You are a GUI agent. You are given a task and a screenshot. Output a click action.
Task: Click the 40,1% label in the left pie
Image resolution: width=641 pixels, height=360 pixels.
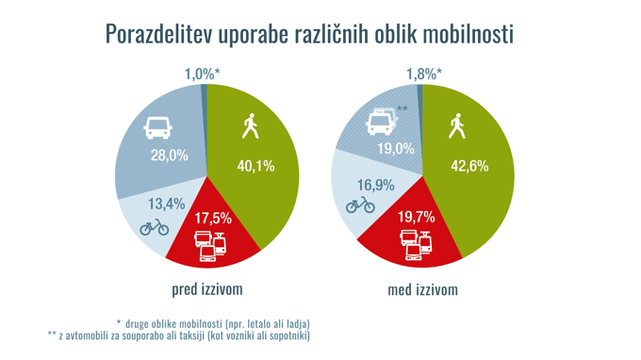[255, 166]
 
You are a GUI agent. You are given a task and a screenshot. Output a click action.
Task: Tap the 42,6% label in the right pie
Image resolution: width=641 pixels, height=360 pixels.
[469, 166]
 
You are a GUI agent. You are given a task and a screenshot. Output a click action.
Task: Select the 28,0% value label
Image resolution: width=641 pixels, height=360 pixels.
[170, 155]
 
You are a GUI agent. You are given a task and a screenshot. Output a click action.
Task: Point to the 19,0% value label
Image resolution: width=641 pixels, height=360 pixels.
[396, 148]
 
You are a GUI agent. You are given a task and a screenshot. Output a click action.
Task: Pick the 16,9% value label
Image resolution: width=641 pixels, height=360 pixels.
[376, 185]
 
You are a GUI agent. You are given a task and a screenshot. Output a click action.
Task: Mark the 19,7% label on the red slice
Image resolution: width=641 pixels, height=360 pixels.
[416, 218]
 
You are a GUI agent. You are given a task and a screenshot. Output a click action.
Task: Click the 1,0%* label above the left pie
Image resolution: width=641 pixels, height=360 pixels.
[202, 74]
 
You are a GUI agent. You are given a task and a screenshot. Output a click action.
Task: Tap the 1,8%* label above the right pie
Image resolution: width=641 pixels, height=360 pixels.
[424, 74]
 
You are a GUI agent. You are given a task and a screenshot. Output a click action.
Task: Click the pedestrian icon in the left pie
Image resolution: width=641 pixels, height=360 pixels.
[251, 125]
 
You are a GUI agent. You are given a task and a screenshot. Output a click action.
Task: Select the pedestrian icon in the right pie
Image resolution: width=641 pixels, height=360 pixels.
[457, 125]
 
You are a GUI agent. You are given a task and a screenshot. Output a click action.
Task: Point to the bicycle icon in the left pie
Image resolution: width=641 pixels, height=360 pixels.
[154, 226]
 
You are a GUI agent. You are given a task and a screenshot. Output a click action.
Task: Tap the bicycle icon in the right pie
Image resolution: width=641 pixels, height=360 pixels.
[360, 205]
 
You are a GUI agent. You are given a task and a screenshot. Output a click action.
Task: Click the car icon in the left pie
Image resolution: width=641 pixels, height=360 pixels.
[157, 127]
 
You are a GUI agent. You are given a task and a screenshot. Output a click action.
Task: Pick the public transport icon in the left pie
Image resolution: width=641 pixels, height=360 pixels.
[211, 246]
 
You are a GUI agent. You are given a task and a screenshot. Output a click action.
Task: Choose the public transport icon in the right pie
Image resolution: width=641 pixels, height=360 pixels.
[417, 246]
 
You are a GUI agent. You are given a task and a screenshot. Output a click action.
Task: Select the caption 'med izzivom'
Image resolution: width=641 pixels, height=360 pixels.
[422, 288]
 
